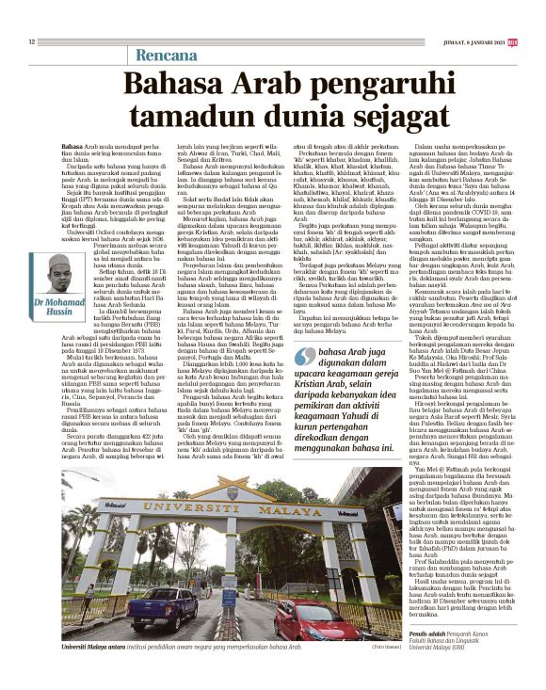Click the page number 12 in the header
pyautogui.click(x=31, y=40)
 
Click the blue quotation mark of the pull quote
pyautogui.click(x=305, y=355)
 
